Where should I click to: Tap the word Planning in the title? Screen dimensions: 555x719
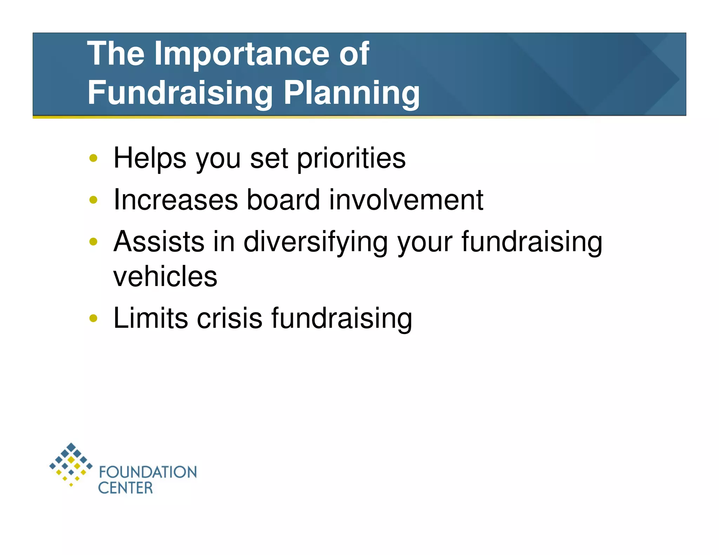(351, 93)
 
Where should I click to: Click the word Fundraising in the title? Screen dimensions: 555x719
(180, 93)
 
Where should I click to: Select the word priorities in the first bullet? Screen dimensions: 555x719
(351, 159)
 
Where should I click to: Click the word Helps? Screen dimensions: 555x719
(150, 159)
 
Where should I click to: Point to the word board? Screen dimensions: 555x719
(283, 200)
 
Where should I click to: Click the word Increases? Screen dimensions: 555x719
(176, 200)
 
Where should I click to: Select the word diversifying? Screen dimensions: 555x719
(316, 242)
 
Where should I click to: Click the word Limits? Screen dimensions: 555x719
(151, 319)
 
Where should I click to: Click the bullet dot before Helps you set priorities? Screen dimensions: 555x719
(93, 158)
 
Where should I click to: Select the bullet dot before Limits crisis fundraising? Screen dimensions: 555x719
(93, 319)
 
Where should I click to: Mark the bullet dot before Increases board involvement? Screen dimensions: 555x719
(93, 200)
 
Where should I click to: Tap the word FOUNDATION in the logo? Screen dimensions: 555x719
(148, 472)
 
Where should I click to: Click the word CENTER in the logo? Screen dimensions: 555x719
(125, 488)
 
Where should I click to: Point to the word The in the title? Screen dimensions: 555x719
(116, 53)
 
